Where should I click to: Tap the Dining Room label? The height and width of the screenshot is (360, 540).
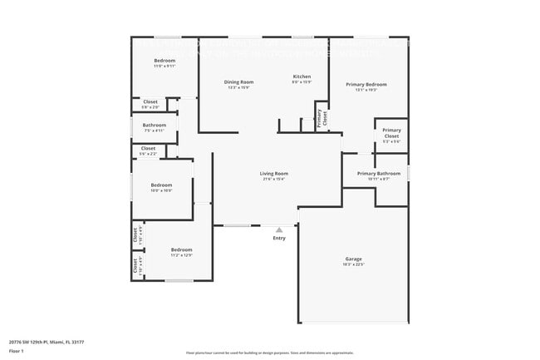coord(238,81)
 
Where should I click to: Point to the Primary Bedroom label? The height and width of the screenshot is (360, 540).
coord(366,84)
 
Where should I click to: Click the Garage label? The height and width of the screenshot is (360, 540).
coord(354,259)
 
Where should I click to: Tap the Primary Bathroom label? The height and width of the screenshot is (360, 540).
coord(379,173)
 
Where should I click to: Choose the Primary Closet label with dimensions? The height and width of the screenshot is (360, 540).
coord(391,133)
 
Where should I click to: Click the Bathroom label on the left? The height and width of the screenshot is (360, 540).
coord(155,125)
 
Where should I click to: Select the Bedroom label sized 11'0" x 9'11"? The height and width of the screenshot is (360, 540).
coord(164,60)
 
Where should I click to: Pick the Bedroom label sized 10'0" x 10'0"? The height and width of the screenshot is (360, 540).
coord(161,185)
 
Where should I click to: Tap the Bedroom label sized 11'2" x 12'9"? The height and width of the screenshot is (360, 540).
coord(181,249)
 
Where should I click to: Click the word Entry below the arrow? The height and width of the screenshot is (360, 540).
coord(279,239)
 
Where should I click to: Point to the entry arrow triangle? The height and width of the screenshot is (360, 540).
coord(279,229)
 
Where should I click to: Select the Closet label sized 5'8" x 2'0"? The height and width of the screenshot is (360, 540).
coord(150,101)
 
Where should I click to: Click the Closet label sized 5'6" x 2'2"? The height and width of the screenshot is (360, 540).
coord(148,148)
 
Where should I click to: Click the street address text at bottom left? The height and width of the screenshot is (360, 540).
coord(47,342)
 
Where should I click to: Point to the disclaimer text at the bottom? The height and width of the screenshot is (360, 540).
coord(269,353)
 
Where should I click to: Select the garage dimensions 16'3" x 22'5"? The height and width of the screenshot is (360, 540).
coord(354,264)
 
